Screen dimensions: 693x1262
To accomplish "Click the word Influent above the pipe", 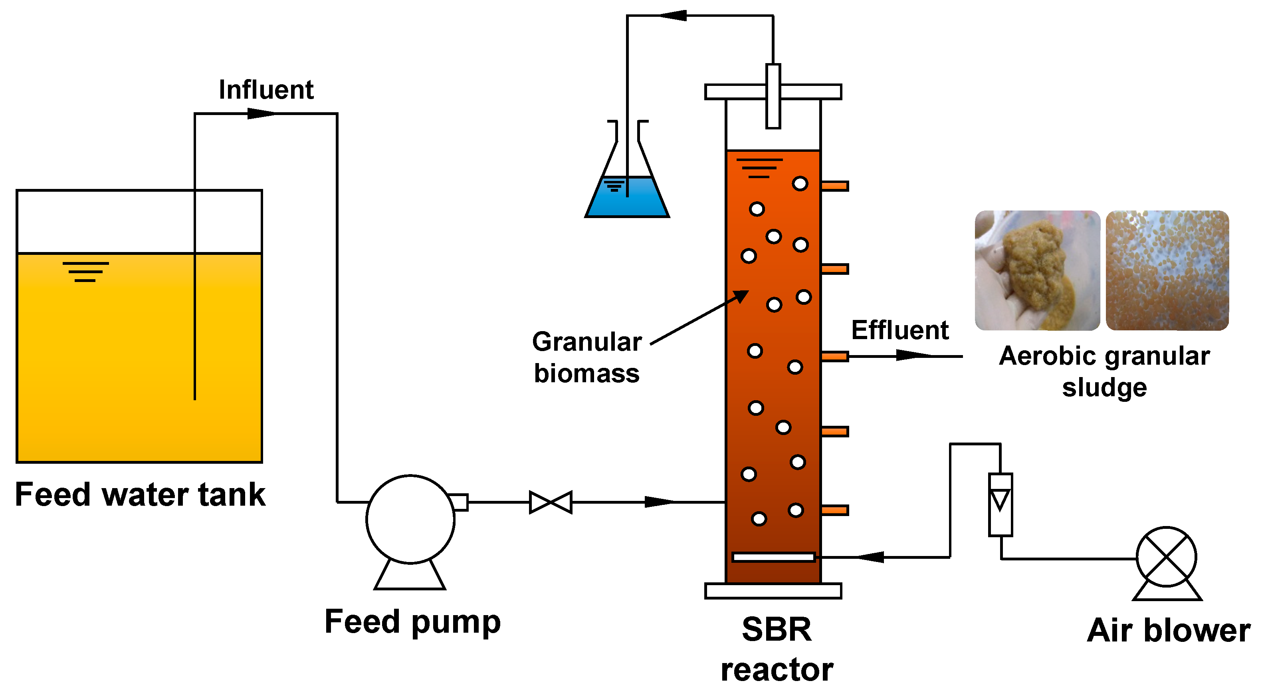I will tap(266, 90).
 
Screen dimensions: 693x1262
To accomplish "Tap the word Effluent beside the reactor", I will tap(899, 330).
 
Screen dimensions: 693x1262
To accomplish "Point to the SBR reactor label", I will tap(777, 649).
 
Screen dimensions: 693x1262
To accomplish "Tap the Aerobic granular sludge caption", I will tap(1104, 371).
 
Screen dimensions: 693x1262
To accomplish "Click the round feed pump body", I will tap(410, 520).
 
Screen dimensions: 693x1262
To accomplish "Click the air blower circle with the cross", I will tap(1167, 557).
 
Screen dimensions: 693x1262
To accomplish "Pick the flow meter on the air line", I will tap(1000, 504).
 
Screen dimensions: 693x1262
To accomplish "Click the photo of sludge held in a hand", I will tap(1037, 270).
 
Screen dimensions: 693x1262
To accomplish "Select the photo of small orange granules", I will tap(1167, 270).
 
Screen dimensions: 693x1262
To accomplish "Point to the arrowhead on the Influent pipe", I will tap(261, 114).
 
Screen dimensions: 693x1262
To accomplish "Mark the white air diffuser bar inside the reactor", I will tap(773, 557).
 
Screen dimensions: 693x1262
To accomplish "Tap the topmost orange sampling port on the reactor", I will tap(835, 186).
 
